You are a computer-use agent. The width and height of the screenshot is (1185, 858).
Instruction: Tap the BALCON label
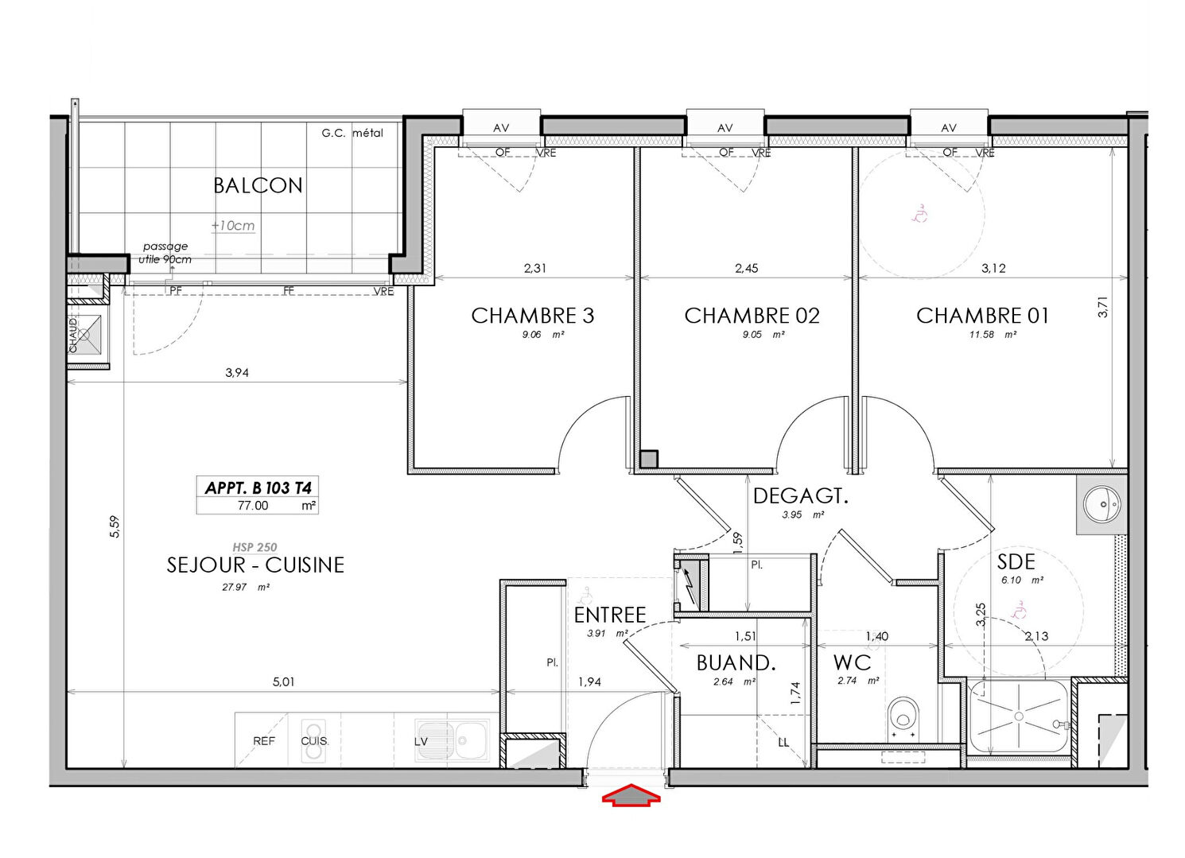click(258, 185)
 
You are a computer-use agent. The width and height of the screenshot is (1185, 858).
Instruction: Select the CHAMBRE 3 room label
click(533, 316)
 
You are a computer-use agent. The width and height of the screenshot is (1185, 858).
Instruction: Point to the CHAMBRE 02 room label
click(752, 316)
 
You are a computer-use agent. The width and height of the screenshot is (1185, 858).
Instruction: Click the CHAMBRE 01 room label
click(982, 316)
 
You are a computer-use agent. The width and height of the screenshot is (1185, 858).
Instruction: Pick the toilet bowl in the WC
click(903, 718)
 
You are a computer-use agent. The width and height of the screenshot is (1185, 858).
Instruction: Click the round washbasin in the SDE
click(1102, 504)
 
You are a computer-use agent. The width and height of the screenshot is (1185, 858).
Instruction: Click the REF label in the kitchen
click(264, 741)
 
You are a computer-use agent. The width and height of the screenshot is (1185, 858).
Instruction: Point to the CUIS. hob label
click(314, 741)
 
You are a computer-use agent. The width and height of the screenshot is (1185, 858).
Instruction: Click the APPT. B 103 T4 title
click(258, 487)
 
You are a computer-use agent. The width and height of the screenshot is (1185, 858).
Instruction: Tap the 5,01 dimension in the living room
click(284, 681)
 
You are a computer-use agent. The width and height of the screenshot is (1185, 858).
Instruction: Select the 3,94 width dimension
click(237, 372)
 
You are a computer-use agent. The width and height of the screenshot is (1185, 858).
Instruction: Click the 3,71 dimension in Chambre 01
click(1103, 306)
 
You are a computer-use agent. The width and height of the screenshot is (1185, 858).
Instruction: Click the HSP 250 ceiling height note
click(254, 547)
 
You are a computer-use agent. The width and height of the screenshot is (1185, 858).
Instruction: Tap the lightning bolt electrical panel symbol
click(690, 586)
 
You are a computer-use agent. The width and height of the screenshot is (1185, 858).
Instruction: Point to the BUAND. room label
click(736, 663)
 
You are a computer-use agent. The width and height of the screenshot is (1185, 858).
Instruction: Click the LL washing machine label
click(783, 743)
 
